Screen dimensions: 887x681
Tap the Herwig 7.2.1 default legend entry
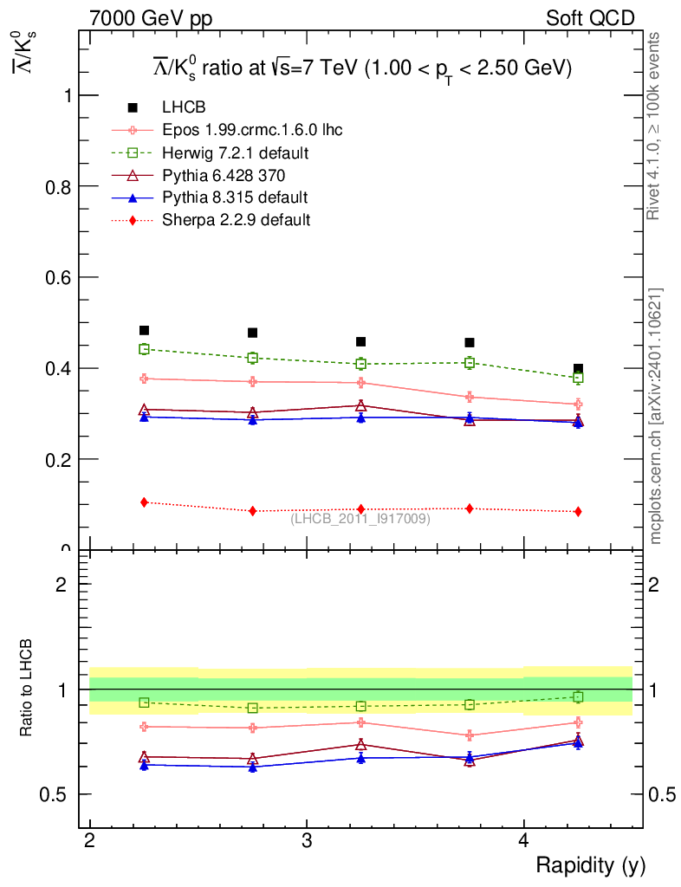[236, 152]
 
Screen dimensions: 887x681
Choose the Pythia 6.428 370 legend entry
[224, 175]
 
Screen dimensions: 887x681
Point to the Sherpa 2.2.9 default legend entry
[236, 220]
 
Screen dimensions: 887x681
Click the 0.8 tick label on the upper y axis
[59, 186]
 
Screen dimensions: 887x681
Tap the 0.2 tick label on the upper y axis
[59, 459]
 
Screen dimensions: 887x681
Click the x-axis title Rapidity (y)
[590, 865]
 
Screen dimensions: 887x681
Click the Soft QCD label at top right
[590, 18]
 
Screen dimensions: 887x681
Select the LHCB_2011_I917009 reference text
[360, 518]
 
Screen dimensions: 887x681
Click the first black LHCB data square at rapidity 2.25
[144, 330]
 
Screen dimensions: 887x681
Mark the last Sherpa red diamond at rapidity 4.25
[578, 511]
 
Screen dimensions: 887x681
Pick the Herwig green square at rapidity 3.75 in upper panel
[470, 362]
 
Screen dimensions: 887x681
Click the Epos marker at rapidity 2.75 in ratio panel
[252, 728]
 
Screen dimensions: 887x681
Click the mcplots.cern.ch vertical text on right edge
[656, 416]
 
